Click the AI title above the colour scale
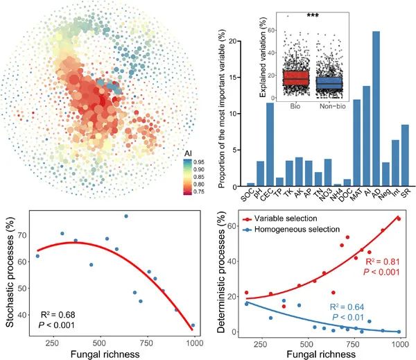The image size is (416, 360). pos(189,153)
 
